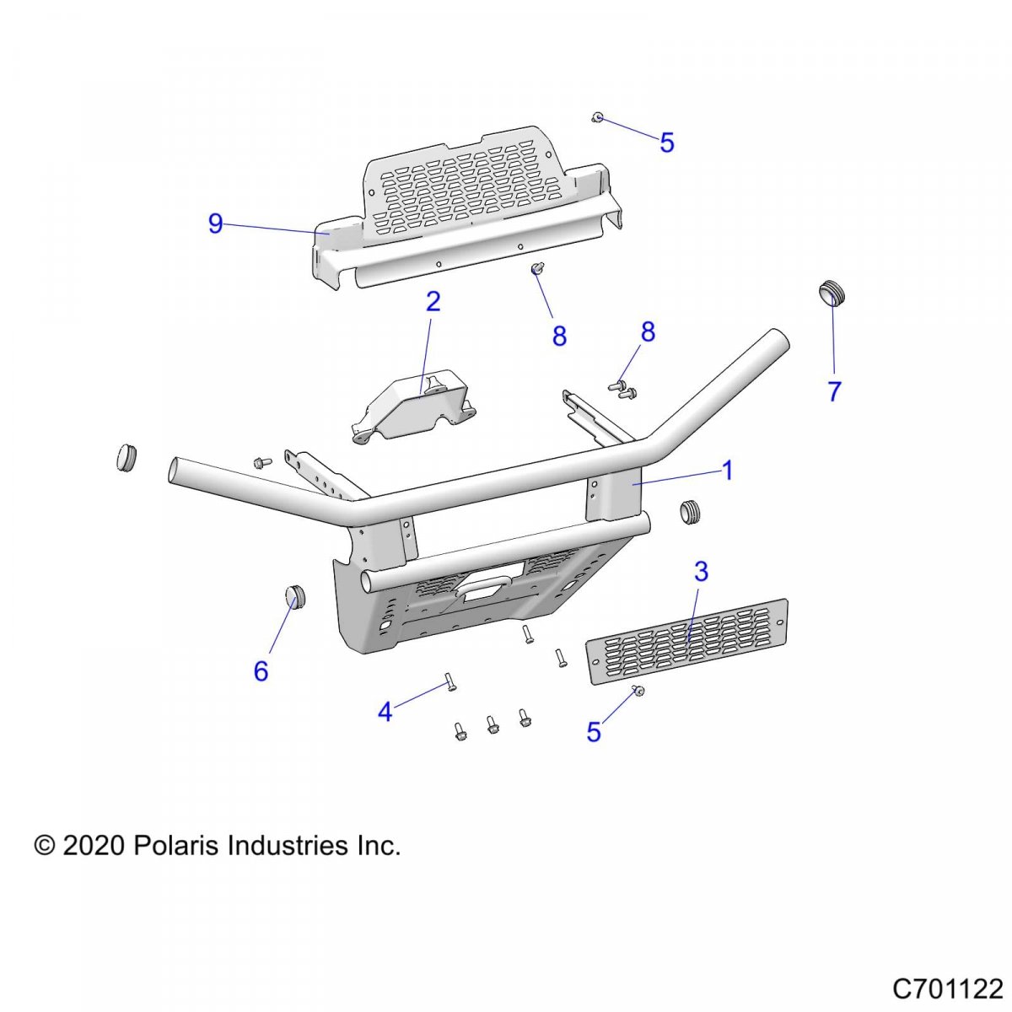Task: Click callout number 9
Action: [216, 224]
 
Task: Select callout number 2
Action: [433, 302]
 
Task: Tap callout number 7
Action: [834, 391]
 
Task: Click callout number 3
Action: [701, 572]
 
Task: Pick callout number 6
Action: [261, 671]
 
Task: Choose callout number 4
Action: [385, 713]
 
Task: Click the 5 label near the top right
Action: [667, 143]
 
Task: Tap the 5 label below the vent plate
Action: [594, 733]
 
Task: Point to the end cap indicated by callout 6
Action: [294, 595]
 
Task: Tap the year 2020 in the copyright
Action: [94, 845]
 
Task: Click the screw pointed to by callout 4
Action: [450, 681]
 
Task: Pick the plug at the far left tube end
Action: [126, 456]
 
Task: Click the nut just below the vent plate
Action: [638, 692]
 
